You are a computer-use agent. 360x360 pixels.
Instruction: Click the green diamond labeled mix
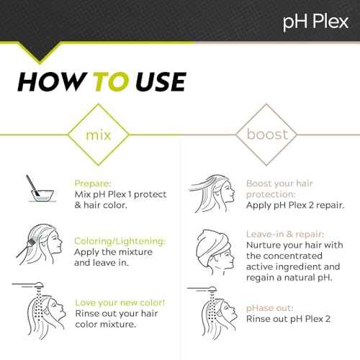pos(92,135)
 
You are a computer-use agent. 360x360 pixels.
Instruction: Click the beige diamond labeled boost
pos(267,135)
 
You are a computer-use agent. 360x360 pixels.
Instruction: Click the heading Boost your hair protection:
pos(280,189)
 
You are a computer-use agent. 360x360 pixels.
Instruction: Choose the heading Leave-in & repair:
pos(284,234)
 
